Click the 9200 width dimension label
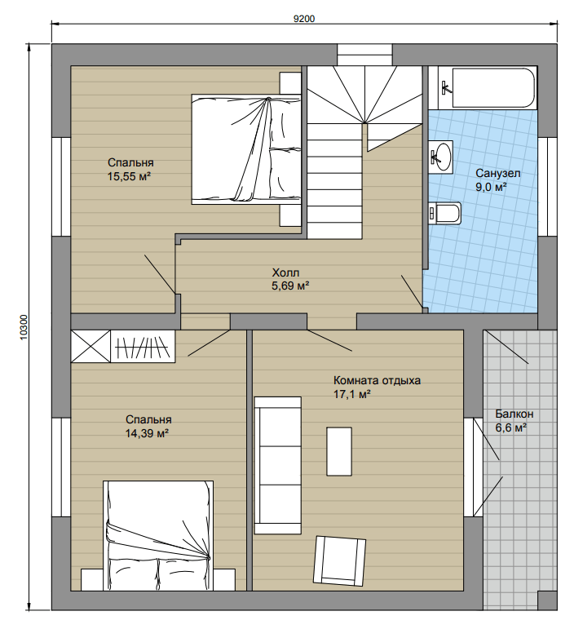pos(304,19)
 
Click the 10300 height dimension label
pos(24,327)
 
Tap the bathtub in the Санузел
pos(494,88)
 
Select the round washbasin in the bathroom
pos(441,157)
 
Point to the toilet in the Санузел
pos(445,213)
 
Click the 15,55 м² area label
pos(129,176)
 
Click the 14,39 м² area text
pos(147,433)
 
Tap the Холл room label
pos(285,272)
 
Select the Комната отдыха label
pos(378,380)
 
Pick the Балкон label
pos(514,414)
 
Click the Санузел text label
pos(498,173)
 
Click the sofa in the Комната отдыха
pos(278,465)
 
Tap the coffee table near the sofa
pos(339,451)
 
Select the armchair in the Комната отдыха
pos(339,560)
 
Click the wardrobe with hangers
pos(143,347)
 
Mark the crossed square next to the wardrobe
pos(91,347)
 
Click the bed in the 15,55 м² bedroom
pos(246,149)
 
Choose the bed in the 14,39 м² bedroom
pos(158,535)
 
